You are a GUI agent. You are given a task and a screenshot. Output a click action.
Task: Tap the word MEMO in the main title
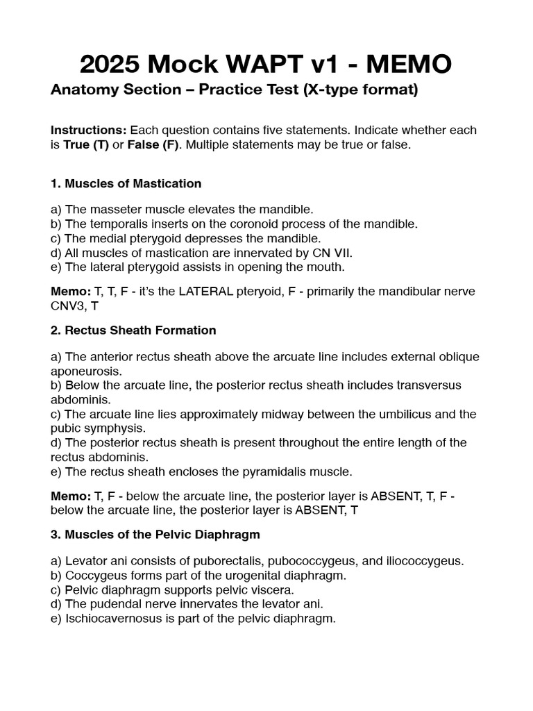pos(409,65)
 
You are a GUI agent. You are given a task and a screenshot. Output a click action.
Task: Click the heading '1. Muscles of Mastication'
pos(126,183)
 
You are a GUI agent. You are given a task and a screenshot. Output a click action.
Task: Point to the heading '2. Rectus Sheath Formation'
pos(133,330)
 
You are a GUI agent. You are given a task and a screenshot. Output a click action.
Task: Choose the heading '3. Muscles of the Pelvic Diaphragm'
pos(155,534)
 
